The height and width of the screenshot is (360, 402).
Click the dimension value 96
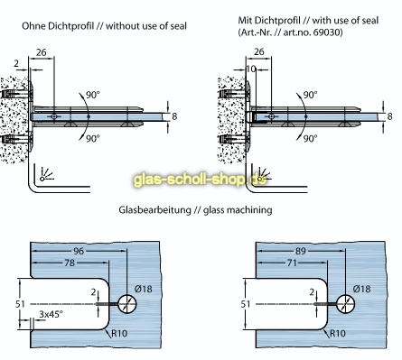coord(79,251)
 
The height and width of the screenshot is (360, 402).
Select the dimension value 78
coord(70,263)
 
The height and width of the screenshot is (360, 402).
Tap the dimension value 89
coord(300,251)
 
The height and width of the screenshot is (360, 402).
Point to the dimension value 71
coord(292,263)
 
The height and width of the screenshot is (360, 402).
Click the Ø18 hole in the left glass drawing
coord(126,304)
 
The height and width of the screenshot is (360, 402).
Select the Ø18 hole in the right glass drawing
coord(345,304)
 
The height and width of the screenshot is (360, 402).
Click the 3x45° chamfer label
coord(51,314)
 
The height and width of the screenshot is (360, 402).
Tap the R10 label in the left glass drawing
coord(119,333)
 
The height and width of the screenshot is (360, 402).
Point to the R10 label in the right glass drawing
coord(338,333)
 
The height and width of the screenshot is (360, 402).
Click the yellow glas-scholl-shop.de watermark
coord(200,180)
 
